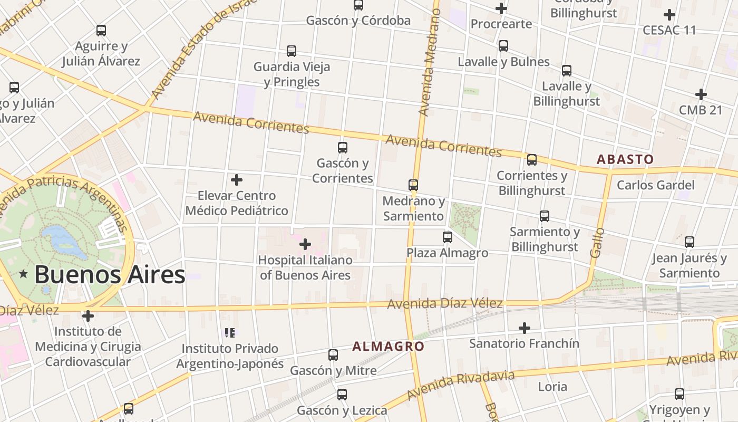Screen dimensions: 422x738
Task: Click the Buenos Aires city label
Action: click(x=110, y=275)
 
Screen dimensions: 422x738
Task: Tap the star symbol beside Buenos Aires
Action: click(x=23, y=274)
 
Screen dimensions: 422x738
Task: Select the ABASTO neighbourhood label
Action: click(x=625, y=159)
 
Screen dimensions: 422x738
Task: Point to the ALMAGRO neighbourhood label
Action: click(x=388, y=347)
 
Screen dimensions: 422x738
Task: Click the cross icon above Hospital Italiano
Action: click(x=305, y=244)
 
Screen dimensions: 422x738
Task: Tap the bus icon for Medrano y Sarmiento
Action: click(x=413, y=185)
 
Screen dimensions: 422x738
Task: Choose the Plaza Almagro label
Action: click(x=447, y=253)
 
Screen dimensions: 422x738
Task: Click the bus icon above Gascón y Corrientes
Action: click(x=343, y=148)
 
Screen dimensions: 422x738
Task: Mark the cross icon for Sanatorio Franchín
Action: click(x=524, y=328)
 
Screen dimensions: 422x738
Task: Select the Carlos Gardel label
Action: click(x=655, y=185)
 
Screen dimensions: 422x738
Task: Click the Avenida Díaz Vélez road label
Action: click(x=445, y=304)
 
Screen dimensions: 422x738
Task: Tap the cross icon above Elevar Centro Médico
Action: click(x=237, y=180)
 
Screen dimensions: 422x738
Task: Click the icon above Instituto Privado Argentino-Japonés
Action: click(x=229, y=332)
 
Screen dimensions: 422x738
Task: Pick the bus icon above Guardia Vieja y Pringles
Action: click(x=292, y=51)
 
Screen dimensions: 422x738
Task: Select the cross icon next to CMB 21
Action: click(x=701, y=94)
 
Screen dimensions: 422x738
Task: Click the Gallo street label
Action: click(x=596, y=243)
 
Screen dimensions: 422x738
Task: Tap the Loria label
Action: click(x=552, y=386)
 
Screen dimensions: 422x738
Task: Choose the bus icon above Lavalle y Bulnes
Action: click(x=503, y=46)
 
